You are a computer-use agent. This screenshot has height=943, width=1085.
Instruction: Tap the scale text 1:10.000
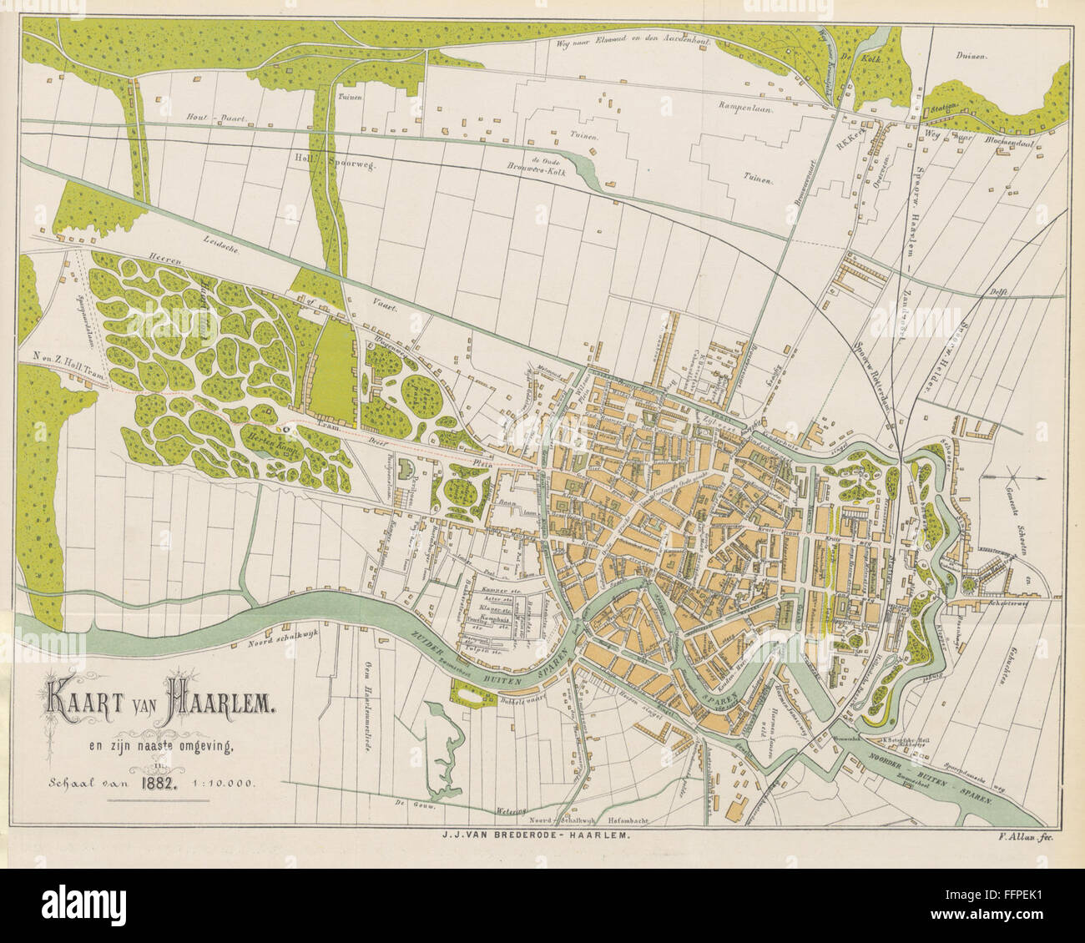pos(223,783)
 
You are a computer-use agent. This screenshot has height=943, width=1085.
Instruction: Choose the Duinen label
pos(972,57)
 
